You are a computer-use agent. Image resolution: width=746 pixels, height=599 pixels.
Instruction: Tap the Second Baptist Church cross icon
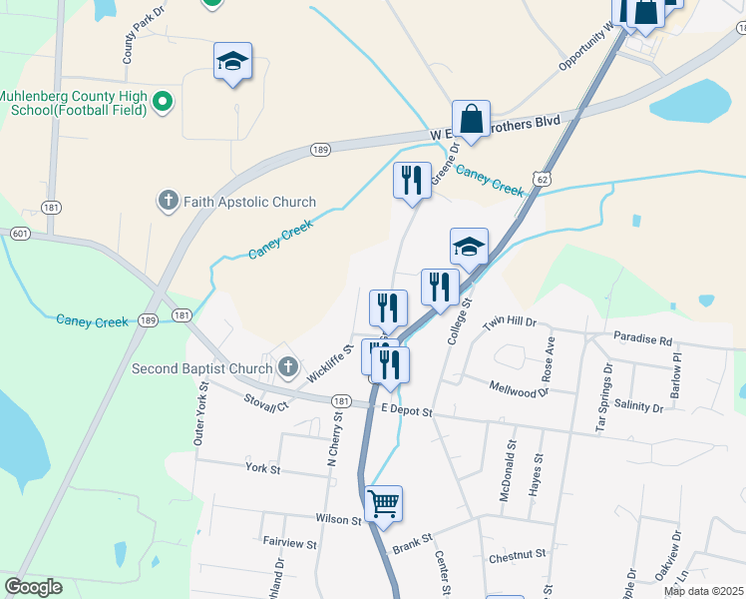pos(288,368)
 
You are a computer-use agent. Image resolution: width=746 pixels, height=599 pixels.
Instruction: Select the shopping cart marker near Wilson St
pos(383,503)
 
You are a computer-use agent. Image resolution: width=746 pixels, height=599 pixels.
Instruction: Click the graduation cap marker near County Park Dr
pos(232,62)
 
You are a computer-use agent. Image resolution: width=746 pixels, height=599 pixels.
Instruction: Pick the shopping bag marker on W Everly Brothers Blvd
pos(471,119)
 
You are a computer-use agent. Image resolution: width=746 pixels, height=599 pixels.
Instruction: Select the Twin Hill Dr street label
pos(510,323)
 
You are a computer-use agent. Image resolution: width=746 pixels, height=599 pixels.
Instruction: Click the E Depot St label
pos(406,410)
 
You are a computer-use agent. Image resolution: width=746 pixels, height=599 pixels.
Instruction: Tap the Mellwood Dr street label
pos(520,387)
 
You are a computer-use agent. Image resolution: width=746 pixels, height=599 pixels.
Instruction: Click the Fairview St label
pos(289,545)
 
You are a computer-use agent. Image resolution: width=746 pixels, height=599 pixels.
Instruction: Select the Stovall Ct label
pos(266,404)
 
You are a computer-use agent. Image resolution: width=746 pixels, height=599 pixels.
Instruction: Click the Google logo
pos(33,587)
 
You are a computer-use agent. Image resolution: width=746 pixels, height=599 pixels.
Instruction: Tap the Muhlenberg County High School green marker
pos(165,101)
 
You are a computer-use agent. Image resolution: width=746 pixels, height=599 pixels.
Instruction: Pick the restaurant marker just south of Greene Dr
pos(412,181)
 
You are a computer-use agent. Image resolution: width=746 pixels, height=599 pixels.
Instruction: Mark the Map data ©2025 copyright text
pos(703,591)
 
